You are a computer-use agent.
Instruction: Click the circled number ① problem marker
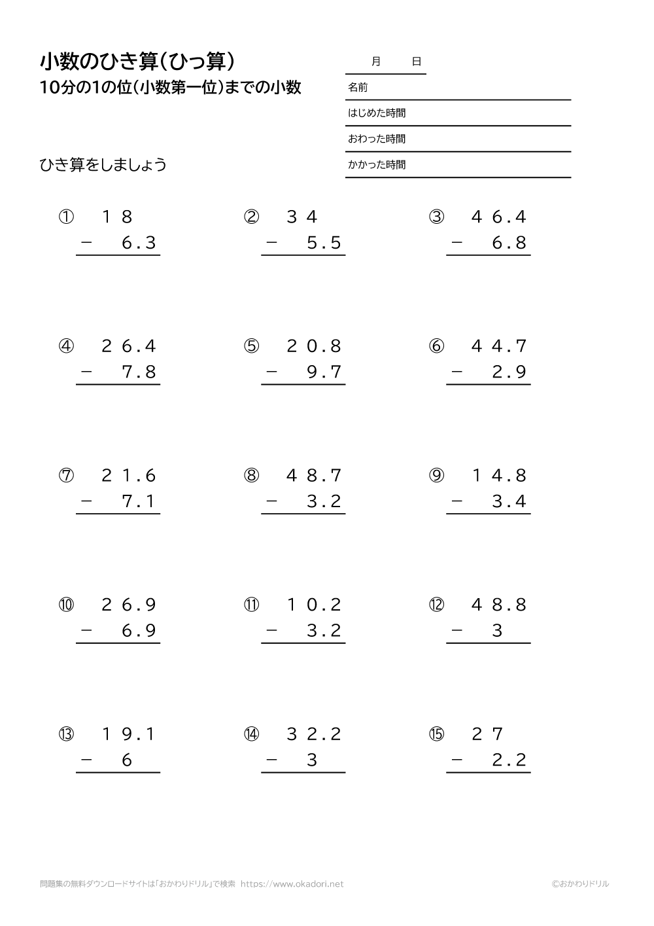[x=66, y=217]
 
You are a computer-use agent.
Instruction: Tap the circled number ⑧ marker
[x=251, y=476]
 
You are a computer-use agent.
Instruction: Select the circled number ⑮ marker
[x=436, y=734]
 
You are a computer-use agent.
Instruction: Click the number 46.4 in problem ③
[x=499, y=217]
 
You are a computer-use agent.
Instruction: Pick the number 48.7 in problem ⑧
[x=314, y=476]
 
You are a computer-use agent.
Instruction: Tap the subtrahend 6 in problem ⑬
[x=128, y=760]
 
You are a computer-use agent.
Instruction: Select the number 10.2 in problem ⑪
[x=314, y=605]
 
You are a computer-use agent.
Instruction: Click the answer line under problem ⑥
[x=488, y=385]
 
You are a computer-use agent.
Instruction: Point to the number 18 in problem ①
[x=118, y=217]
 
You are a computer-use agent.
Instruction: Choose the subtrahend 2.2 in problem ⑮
[x=509, y=760]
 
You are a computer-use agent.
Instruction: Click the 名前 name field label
[x=358, y=87]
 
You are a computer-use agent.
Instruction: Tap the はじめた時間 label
[x=377, y=113]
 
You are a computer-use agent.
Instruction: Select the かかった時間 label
[x=377, y=165]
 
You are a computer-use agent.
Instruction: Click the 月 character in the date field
[x=376, y=62]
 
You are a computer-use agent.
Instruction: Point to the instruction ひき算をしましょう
[x=103, y=165]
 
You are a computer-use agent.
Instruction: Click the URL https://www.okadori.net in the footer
[x=292, y=883]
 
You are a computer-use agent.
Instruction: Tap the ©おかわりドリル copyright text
[x=579, y=883]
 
